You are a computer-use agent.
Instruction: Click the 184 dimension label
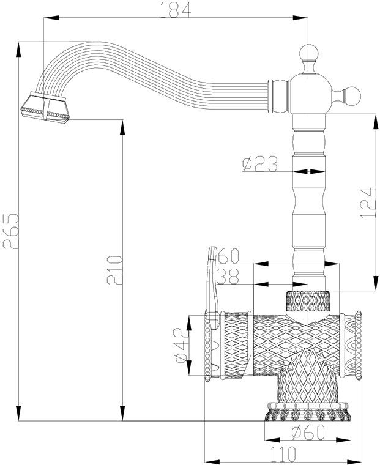click(176, 10)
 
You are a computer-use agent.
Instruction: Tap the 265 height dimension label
click(10, 231)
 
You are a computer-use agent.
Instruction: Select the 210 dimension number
click(115, 270)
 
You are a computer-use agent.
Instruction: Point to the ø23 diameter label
click(260, 164)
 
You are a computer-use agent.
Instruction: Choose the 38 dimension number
click(228, 277)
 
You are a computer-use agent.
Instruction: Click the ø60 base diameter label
click(308, 433)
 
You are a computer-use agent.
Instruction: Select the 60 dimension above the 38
click(228, 256)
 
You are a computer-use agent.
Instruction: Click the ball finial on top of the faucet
click(308, 53)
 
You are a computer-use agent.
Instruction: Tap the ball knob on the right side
click(352, 95)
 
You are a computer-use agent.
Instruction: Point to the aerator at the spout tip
click(45, 107)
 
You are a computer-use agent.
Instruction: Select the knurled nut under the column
click(308, 301)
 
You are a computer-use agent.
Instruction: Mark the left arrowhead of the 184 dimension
click(51, 18)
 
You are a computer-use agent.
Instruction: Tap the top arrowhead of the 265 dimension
click(18, 50)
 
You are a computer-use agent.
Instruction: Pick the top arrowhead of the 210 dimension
click(122, 127)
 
